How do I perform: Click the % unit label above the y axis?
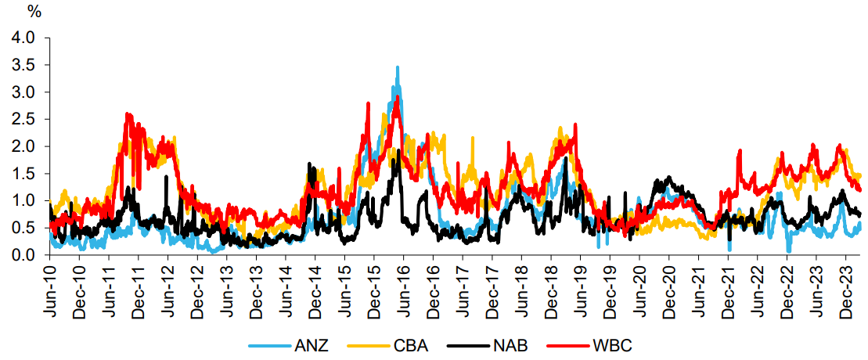point(34,12)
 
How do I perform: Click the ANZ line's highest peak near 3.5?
point(398,68)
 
